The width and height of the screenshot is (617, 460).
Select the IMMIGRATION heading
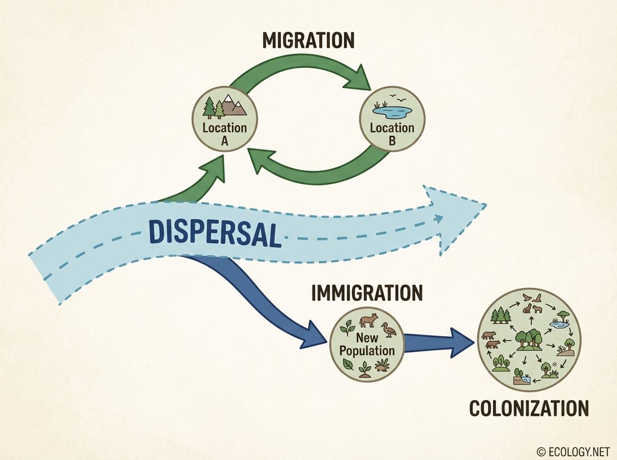(x=367, y=293)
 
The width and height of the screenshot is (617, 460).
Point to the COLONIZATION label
(x=528, y=409)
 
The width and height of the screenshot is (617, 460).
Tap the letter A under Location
(x=225, y=141)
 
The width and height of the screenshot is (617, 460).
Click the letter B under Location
(x=391, y=141)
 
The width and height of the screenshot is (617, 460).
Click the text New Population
(x=367, y=344)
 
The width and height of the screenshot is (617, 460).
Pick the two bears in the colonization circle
(x=490, y=340)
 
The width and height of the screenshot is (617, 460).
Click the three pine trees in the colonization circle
(x=501, y=314)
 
